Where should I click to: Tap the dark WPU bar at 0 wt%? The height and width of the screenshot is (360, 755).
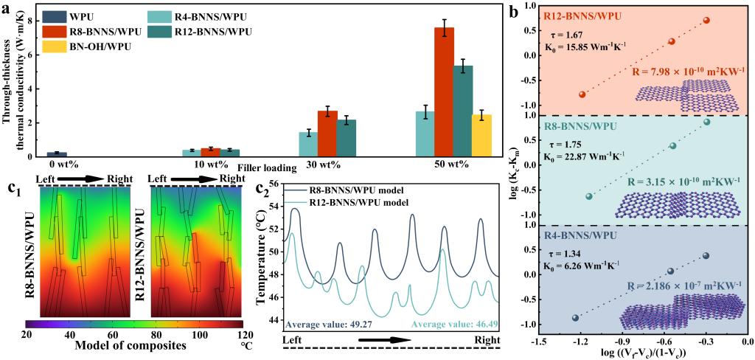coord(52,153)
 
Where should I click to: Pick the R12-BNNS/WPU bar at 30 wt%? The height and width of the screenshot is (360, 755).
coord(346,138)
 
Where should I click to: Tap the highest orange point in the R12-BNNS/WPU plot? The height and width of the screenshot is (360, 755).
coord(706,20)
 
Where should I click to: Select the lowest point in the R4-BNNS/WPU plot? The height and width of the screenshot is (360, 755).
coord(576,318)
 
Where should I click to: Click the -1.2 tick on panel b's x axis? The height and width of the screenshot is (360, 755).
coord(581,342)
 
